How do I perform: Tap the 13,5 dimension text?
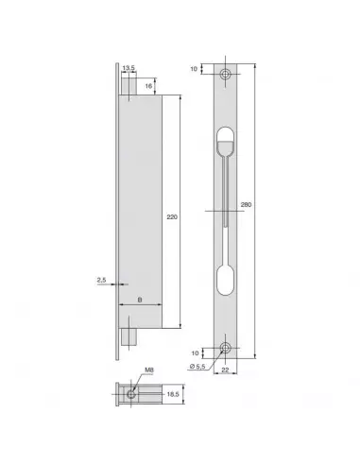coord(128,68)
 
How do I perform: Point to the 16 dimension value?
coord(150,84)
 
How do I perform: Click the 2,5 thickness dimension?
coord(100,280)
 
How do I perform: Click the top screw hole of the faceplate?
coord(226,75)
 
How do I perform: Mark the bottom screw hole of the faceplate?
coord(226,348)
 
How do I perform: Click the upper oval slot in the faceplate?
coord(226,143)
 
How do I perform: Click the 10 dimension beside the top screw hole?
coord(195,68)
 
